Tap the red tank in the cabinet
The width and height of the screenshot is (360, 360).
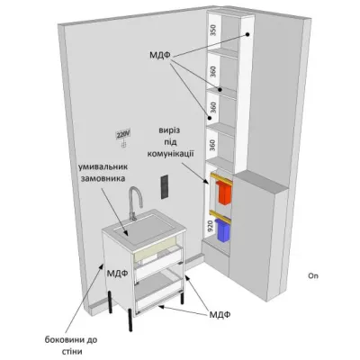[x=225, y=193]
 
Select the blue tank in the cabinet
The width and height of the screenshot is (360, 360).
[x=224, y=231]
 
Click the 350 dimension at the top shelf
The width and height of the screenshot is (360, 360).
[x=213, y=31]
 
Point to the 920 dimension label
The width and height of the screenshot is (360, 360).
[x=211, y=226]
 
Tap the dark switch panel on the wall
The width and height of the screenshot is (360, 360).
[x=164, y=186]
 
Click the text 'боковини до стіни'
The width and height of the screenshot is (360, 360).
[x=71, y=346]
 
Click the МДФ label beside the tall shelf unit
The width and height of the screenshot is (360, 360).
[x=159, y=55]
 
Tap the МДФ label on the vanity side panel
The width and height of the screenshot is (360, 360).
[x=118, y=274]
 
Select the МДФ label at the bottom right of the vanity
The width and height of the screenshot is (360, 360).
[x=220, y=314]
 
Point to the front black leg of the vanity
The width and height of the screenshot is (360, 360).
[x=130, y=319]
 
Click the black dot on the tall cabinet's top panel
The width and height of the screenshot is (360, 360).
[x=247, y=34]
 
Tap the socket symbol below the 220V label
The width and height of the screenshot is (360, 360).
[x=123, y=145]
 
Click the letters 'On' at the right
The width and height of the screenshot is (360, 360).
[x=313, y=275]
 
